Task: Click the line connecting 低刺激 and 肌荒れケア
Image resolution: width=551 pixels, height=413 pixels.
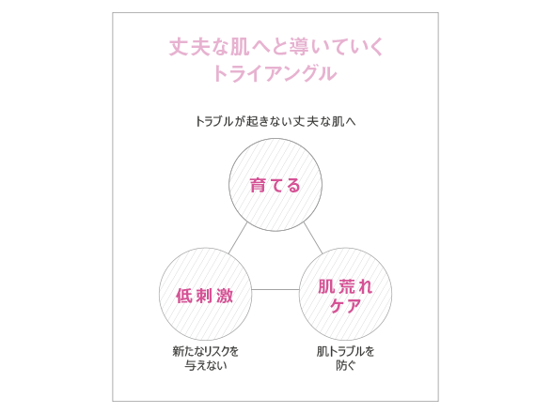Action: pyautogui.click(x=275, y=289)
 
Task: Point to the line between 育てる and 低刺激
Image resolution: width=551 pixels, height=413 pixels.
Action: pyautogui.click(x=238, y=237)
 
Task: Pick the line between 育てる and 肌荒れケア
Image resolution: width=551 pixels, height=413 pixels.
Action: pyautogui.click(x=313, y=237)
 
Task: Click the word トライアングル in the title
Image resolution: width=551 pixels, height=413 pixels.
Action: pyautogui.click(x=275, y=73)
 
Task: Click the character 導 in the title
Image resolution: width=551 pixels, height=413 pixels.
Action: pyautogui.click(x=300, y=47)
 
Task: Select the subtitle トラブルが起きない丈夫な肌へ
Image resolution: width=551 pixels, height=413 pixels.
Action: pyautogui.click(x=275, y=121)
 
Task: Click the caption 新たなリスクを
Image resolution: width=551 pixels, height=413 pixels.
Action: pyautogui.click(x=206, y=351)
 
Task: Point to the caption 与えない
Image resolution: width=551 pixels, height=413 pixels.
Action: pyautogui.click(x=206, y=366)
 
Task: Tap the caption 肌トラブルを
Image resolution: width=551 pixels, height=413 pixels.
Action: pyautogui.click(x=345, y=351)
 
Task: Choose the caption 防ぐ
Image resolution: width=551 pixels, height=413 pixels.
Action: pyautogui.click(x=346, y=366)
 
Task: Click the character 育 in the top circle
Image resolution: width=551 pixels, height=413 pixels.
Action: pyautogui.click(x=258, y=185)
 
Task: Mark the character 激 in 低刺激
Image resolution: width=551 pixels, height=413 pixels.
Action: pyautogui.click(x=225, y=296)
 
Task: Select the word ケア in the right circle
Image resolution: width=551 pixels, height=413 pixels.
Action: pyautogui.click(x=345, y=305)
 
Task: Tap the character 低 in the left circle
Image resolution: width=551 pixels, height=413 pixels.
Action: pyautogui.click(x=184, y=296)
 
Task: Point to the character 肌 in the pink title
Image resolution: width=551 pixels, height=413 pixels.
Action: pyautogui.click(x=240, y=47)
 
